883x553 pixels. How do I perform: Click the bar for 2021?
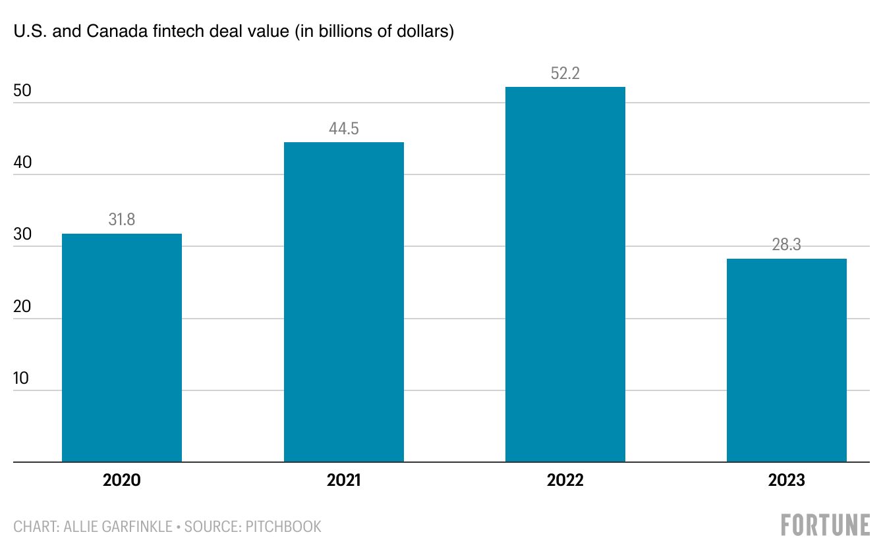(x=344, y=302)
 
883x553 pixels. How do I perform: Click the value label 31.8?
(x=122, y=220)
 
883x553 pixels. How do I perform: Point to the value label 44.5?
(x=344, y=128)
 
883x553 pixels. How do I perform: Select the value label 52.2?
(x=565, y=73)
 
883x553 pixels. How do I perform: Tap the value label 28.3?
(x=787, y=246)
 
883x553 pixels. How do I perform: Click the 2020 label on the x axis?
(x=122, y=481)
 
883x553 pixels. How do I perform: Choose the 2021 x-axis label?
(x=344, y=481)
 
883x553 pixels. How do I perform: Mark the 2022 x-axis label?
(x=565, y=481)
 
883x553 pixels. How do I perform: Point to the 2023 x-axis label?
(x=787, y=481)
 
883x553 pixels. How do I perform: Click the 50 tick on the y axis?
(x=22, y=91)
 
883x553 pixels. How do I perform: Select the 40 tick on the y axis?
(x=22, y=163)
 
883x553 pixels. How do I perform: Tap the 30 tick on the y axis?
(x=22, y=234)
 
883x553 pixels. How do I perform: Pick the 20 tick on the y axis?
(x=22, y=306)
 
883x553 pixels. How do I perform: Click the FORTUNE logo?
(x=825, y=525)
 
